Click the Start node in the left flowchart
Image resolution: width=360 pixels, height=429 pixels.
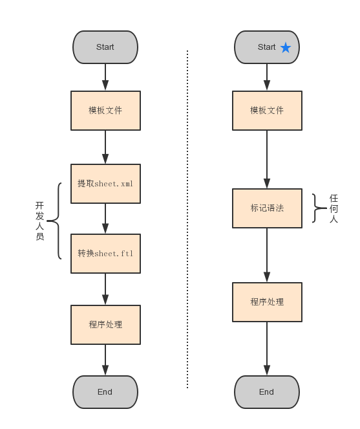(105, 47)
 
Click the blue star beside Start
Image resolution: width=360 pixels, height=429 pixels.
(286, 47)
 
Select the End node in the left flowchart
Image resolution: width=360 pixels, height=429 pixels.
(105, 392)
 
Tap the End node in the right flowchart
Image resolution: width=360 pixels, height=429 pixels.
(266, 392)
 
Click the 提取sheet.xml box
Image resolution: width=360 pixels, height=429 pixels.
(105, 184)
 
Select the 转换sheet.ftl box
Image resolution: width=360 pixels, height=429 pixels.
(105, 254)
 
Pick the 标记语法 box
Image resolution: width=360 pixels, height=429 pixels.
(267, 208)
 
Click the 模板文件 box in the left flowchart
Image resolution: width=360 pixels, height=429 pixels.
(105, 111)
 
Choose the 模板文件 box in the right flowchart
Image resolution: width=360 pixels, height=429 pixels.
(267, 111)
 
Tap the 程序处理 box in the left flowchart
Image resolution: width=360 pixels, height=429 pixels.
(105, 325)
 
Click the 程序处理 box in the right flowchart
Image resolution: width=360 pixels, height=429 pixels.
(267, 302)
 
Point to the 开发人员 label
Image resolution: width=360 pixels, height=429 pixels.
(39, 221)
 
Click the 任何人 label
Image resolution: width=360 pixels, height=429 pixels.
(334, 208)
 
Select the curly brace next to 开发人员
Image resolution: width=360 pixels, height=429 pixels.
(55, 221)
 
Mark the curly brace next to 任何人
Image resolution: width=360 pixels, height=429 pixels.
(317, 208)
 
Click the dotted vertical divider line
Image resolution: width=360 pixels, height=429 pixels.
(187, 220)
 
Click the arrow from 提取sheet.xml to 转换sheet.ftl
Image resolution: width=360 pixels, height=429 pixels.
(105, 219)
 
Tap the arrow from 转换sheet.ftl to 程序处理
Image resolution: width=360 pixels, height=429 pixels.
(105, 289)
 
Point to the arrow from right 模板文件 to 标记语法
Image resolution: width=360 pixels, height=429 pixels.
(267, 159)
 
